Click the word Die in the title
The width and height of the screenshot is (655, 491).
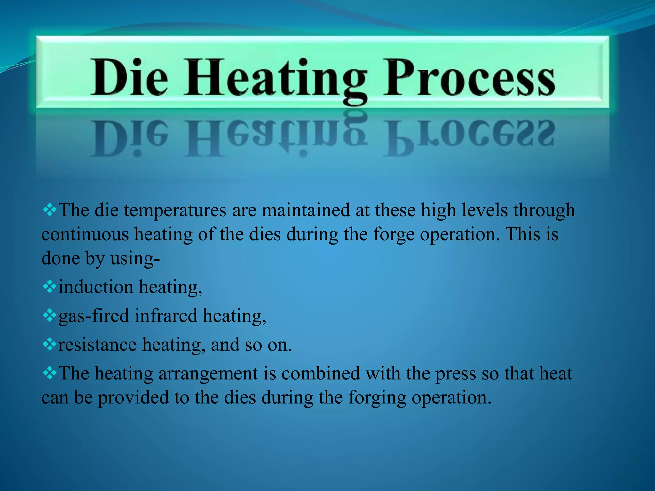(129, 77)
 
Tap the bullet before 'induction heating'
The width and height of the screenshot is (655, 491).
(50, 286)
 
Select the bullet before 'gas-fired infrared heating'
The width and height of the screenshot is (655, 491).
(50, 315)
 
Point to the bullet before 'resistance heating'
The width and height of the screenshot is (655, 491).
(50, 344)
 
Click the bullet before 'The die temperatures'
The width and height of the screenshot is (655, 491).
(50, 210)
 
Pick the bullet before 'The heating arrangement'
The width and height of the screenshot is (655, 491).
(50, 372)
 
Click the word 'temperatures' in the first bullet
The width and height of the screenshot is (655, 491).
(175, 211)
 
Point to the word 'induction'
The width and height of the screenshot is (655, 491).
(96, 287)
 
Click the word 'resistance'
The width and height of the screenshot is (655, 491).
(98, 345)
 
